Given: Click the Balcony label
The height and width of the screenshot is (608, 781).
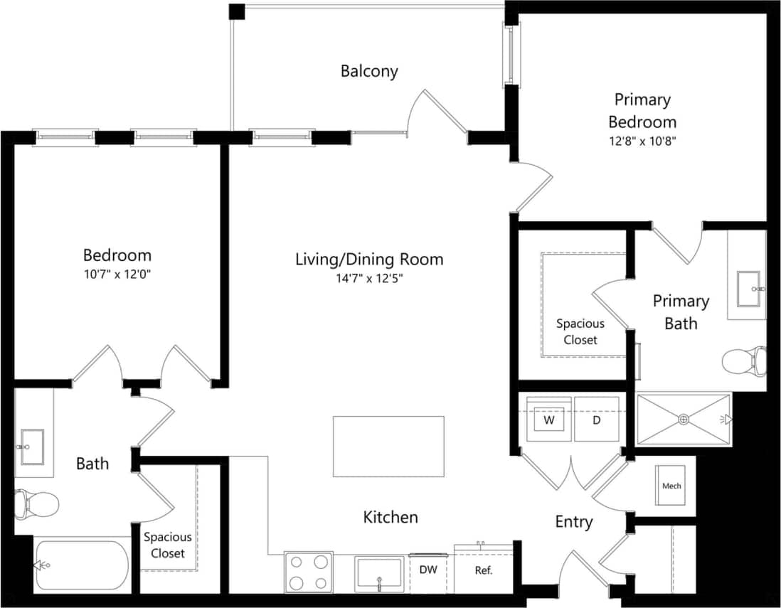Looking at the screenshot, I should [x=368, y=71].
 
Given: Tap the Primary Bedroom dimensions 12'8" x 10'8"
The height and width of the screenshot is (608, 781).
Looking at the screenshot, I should [x=642, y=141].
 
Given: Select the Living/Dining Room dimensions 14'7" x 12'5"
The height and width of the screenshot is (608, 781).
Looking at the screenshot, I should [x=368, y=279].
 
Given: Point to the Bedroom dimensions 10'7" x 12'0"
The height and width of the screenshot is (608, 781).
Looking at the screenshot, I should [x=117, y=274].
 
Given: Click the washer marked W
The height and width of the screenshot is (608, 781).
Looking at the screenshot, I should [x=549, y=420].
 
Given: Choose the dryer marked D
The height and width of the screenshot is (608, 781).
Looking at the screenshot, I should [x=597, y=420].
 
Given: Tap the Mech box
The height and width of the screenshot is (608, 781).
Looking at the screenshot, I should [x=671, y=486].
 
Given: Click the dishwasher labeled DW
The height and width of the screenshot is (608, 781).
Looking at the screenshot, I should [x=428, y=570].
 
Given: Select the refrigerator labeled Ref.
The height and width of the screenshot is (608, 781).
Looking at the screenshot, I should [x=484, y=570].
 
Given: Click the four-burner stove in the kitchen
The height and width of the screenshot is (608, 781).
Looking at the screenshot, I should [x=309, y=572].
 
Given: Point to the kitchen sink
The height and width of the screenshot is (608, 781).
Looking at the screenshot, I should [x=379, y=575].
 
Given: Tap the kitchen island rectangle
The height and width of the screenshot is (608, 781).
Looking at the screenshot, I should [x=388, y=447].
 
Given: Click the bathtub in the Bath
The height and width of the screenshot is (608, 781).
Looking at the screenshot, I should [x=82, y=565].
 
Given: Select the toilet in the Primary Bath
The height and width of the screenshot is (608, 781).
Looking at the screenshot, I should [x=744, y=361].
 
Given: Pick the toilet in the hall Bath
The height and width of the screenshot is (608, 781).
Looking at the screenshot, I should [x=36, y=504].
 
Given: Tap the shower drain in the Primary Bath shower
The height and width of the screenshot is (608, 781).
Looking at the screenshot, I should [x=683, y=420].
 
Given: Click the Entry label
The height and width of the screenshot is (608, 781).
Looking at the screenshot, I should [x=573, y=522].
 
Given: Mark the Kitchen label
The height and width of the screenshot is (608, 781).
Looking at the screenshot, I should [x=390, y=517].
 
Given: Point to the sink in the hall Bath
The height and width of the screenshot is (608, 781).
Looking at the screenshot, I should [x=31, y=442].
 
